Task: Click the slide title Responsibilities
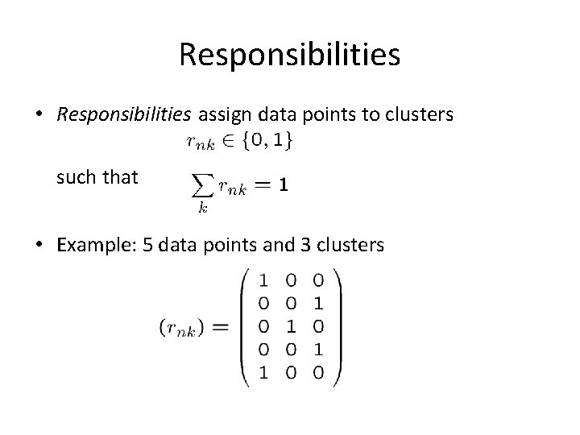point(289,55)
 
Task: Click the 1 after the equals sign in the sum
point(282,185)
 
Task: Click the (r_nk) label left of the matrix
point(184,328)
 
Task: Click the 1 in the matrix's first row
point(264,281)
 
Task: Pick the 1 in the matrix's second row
point(319,304)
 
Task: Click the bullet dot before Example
point(40,245)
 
